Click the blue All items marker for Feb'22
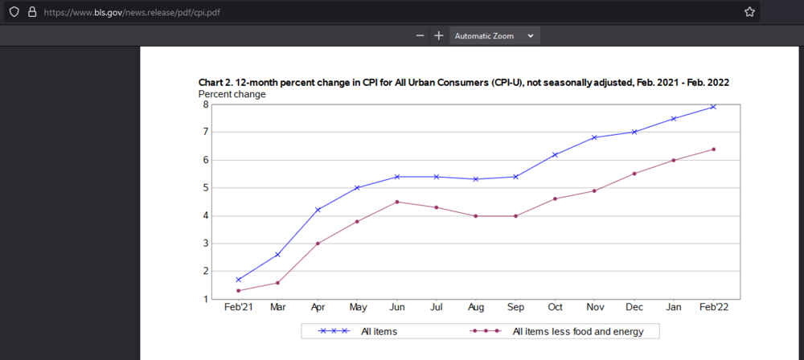pos(713,107)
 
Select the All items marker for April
pos(318,210)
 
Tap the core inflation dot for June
pos(396,202)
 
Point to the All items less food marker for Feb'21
pos(239,291)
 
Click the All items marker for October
pos(555,154)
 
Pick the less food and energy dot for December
pos(634,174)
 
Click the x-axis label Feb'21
pos(239,309)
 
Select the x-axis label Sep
pos(515,309)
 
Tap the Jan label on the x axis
pos(674,309)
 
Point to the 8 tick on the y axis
pos(206,104)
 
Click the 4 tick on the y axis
pos(206,215)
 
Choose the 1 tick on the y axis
pos(206,299)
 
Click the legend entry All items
pos(379,331)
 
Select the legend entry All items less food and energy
pos(577,331)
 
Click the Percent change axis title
pos(232,94)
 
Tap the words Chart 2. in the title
pos(217,83)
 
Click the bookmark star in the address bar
pos(749,12)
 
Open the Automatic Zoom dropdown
pos(494,36)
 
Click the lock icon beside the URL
pos(32,12)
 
